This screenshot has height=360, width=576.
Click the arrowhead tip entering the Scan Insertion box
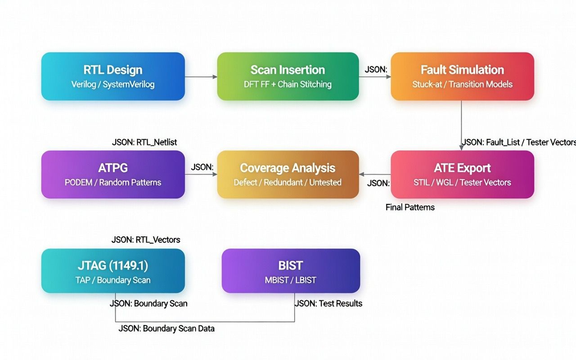click(217, 76)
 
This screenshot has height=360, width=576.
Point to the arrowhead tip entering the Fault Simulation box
click(391, 76)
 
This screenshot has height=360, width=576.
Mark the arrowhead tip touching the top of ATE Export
click(461, 150)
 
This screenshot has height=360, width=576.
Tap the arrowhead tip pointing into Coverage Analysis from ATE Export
click(359, 174)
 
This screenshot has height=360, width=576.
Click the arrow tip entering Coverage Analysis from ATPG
click(217, 174)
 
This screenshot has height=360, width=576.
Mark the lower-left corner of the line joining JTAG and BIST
click(115, 322)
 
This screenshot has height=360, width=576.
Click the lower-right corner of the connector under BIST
click(294, 322)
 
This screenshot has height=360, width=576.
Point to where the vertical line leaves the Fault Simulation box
click(461, 100)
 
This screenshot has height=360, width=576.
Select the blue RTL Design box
click(113, 76)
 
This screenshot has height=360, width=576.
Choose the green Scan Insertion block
click(288, 76)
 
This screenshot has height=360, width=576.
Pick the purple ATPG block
click(113, 174)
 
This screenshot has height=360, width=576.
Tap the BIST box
click(291, 271)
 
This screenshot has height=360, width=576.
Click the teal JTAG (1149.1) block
click(113, 271)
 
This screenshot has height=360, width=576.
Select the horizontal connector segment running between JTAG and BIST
click(205, 322)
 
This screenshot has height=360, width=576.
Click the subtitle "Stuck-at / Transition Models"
click(462, 84)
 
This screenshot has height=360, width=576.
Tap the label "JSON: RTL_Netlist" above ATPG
click(144, 142)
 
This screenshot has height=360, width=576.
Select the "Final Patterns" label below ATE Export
click(410, 207)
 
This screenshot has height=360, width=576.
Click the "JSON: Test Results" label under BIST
click(328, 303)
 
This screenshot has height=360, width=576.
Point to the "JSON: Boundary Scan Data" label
click(166, 328)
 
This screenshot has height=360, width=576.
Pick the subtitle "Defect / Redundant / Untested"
click(288, 182)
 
